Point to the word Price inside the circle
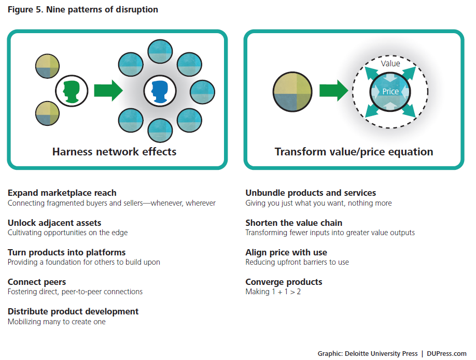pyautogui.click(x=390, y=92)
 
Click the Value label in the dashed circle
pyautogui.click(x=390, y=63)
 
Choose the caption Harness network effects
pyautogui.click(x=114, y=152)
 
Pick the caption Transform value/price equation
pyautogui.click(x=354, y=152)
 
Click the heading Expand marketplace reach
pyautogui.click(x=62, y=193)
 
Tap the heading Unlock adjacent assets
pyautogui.click(x=54, y=223)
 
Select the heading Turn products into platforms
pyautogui.click(x=67, y=252)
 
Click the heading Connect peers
pyautogui.click(x=37, y=282)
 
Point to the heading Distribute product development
pyautogui.click(x=73, y=311)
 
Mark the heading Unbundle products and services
pyautogui.click(x=311, y=193)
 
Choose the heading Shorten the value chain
pyautogui.click(x=294, y=223)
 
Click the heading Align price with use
pyautogui.click(x=286, y=252)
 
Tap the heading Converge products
pyautogui.click(x=284, y=282)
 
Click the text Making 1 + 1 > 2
pyautogui.click(x=273, y=292)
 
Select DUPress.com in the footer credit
pyautogui.click(x=446, y=354)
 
